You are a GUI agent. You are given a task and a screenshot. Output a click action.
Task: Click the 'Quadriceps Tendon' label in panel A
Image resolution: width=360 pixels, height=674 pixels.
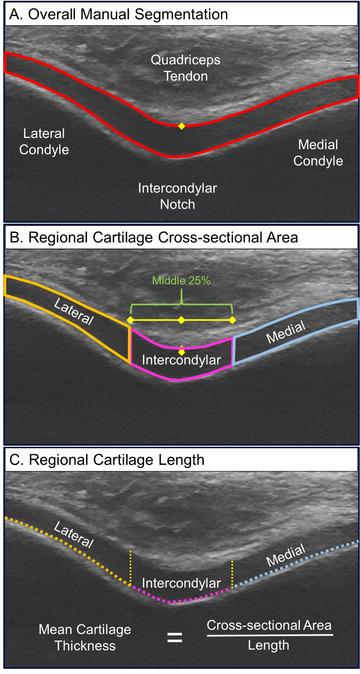(x=185, y=68)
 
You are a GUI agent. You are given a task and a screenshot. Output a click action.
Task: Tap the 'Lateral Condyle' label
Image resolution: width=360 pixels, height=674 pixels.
(x=44, y=141)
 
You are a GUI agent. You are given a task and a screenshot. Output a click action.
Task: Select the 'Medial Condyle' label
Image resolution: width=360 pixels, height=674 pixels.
(x=318, y=153)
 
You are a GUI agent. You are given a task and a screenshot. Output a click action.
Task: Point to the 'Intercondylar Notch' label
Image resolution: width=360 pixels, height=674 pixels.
(x=178, y=196)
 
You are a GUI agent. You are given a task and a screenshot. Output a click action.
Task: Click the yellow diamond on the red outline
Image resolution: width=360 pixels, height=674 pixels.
(x=181, y=126)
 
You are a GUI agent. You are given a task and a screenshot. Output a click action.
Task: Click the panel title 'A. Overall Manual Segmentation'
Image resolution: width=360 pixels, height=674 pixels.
(x=119, y=15)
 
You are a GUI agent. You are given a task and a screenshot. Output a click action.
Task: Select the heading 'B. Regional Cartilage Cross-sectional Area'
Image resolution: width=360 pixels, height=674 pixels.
(x=154, y=237)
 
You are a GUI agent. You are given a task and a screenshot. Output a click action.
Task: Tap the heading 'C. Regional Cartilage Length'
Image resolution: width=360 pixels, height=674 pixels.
(x=107, y=460)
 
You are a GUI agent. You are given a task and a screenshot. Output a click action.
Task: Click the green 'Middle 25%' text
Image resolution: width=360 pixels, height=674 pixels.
(x=181, y=280)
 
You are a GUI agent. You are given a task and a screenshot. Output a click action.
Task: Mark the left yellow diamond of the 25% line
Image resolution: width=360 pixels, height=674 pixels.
(x=130, y=320)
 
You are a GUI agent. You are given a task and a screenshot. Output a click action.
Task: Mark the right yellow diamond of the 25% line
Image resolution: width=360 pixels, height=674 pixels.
(x=233, y=320)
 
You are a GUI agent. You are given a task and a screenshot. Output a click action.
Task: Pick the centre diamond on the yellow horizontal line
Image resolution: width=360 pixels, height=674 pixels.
(x=181, y=320)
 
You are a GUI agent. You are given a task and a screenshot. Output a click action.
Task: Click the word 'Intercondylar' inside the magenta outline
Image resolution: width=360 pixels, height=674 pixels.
(x=181, y=360)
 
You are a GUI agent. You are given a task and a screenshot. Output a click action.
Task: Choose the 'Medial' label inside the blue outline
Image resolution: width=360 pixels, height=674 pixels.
(x=286, y=332)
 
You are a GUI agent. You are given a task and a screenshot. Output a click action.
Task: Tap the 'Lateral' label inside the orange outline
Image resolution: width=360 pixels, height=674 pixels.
(x=74, y=312)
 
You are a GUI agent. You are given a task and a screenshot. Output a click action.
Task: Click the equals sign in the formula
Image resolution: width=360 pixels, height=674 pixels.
(x=175, y=637)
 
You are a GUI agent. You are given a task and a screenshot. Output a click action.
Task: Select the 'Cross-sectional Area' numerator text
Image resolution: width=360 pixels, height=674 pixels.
(x=269, y=625)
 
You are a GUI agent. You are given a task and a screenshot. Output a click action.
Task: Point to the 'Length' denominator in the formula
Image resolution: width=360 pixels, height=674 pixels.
(x=268, y=645)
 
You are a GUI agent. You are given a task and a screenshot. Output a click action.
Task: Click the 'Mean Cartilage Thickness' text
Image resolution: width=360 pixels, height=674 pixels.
(x=85, y=637)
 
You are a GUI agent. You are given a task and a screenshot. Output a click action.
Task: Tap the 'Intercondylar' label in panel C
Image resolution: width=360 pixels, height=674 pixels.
(x=181, y=583)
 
